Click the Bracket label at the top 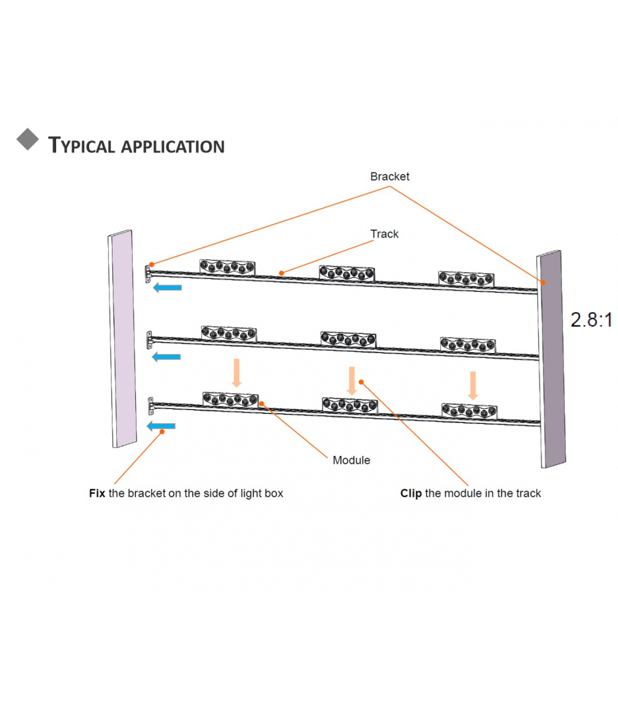click(x=389, y=177)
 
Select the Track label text click(x=384, y=234)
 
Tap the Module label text click(x=351, y=460)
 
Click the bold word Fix click(x=97, y=493)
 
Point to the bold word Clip click(x=411, y=493)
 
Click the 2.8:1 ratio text click(x=591, y=320)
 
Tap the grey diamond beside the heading click(x=28, y=139)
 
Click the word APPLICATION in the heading click(x=173, y=147)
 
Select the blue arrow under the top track click(x=167, y=288)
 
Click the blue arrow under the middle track click(x=166, y=357)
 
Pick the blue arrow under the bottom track click(x=161, y=426)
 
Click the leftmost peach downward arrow click(x=236, y=373)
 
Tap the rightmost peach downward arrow click(x=473, y=386)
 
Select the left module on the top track click(x=228, y=268)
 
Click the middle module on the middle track click(x=348, y=340)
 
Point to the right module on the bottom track click(x=470, y=411)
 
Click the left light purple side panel click(x=122, y=339)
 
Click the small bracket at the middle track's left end click(x=149, y=340)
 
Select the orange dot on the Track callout click(x=281, y=273)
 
